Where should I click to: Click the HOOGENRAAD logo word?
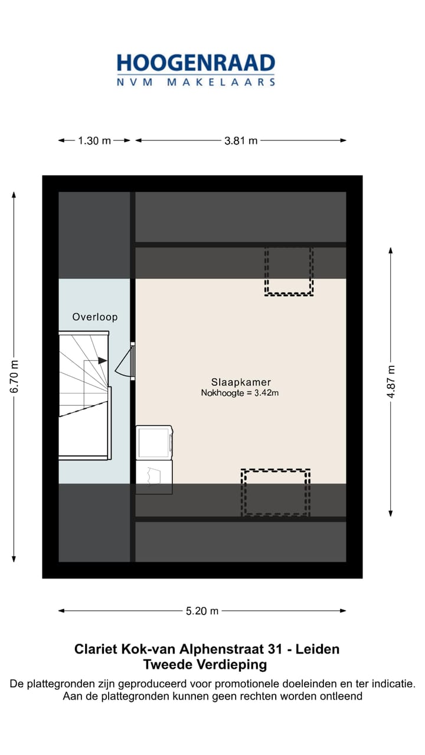(x=196, y=63)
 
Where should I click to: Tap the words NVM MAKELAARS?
(x=196, y=83)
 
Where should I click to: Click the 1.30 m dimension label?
(x=94, y=140)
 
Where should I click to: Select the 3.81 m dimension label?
(x=241, y=140)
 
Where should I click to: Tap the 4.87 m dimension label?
(x=391, y=382)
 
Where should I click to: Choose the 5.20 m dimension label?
(x=202, y=611)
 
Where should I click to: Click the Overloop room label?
(x=95, y=317)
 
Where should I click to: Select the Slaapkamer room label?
(x=241, y=382)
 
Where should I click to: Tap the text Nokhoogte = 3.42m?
(x=240, y=393)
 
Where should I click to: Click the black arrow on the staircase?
(x=102, y=360)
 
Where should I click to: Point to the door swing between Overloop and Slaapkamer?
(x=125, y=361)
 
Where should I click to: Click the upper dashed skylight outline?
(x=289, y=271)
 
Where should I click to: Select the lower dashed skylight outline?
(x=276, y=492)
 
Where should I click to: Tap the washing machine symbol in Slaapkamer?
(x=154, y=442)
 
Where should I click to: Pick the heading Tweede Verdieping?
(x=205, y=665)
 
